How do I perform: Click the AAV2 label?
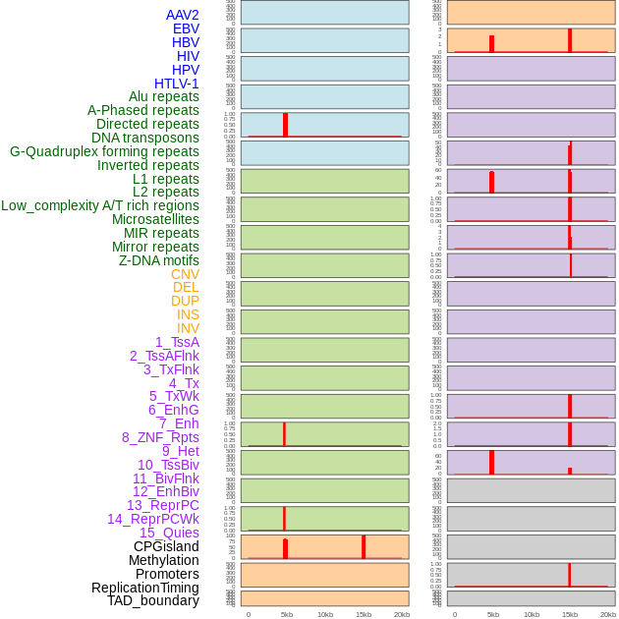(182, 15)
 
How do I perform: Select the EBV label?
(185, 28)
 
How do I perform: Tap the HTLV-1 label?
(176, 84)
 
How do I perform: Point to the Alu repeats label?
(163, 96)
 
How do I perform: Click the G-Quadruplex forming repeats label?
(104, 151)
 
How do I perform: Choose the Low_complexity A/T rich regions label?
(100, 205)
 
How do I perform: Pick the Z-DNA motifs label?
(158, 260)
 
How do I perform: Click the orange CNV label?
(185, 274)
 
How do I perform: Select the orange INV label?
(188, 328)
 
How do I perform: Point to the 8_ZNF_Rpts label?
(160, 437)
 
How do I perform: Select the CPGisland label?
(166, 546)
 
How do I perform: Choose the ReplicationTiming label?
(144, 588)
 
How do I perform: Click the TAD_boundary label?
(152, 600)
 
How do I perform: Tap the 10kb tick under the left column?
(325, 614)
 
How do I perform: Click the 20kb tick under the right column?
(608, 614)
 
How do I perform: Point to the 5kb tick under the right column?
(493, 614)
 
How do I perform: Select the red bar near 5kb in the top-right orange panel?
(491, 43)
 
